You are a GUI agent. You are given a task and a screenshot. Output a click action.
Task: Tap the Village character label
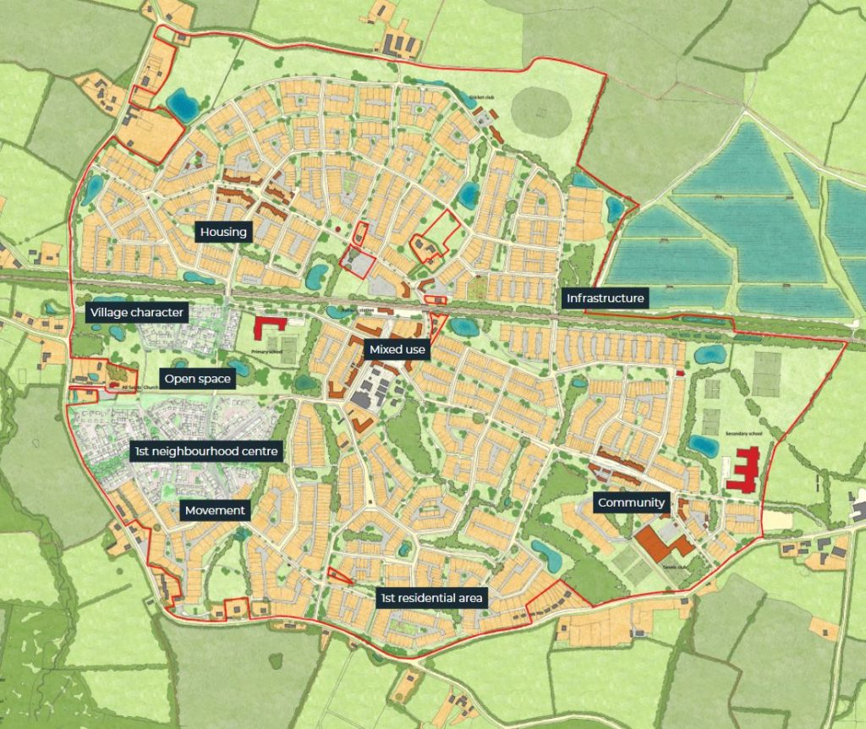tap(137, 313)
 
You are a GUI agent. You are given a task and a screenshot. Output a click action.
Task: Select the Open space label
tap(198, 379)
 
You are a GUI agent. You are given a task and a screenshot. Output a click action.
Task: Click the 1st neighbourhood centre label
tap(206, 452)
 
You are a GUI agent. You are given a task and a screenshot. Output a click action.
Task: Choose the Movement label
tap(215, 510)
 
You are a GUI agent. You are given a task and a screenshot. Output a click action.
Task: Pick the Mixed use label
tap(397, 348)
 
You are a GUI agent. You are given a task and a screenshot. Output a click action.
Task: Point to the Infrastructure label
tap(606, 298)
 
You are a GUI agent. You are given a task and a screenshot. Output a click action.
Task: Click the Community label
tap(631, 502)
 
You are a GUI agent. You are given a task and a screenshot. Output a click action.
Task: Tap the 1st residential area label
tap(431, 598)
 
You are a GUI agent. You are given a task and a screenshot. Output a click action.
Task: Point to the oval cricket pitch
tap(541, 111)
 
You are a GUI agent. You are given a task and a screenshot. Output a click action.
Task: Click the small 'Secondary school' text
tap(743, 433)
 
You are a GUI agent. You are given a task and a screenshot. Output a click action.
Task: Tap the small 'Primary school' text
tap(265, 349)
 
